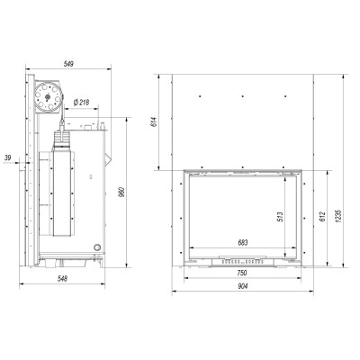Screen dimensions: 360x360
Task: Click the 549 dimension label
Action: click(68, 64)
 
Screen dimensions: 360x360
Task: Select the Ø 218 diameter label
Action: click(81, 103)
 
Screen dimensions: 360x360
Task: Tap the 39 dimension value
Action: click(8, 157)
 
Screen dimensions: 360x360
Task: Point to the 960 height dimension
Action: click(121, 192)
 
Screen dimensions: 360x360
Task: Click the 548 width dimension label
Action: click(62, 279)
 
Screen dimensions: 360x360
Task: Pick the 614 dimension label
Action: click(154, 121)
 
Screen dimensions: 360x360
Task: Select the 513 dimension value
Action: click(280, 217)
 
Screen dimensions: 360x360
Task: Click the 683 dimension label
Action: click(243, 243)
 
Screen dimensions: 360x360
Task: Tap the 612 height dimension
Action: click(322, 217)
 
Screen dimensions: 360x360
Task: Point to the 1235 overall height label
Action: click(338, 216)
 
